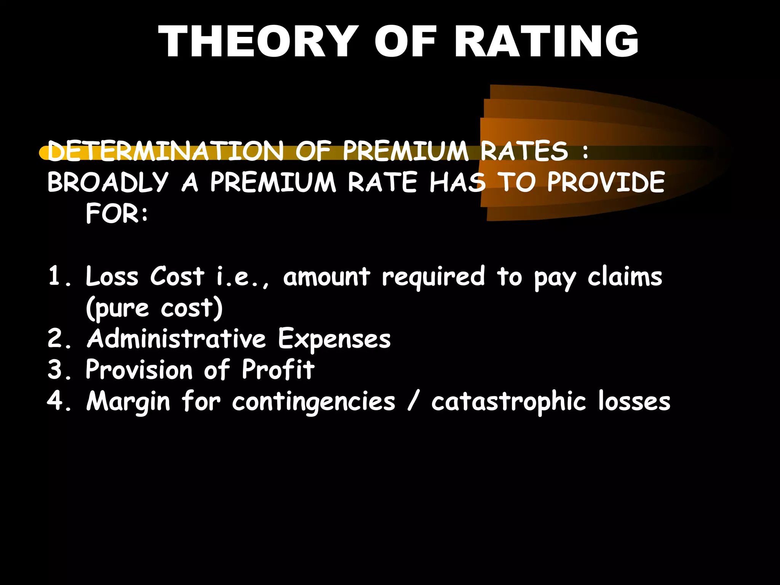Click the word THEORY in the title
(258, 41)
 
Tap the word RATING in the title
(546, 41)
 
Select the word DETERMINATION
(166, 151)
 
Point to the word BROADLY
(108, 182)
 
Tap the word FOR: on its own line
(117, 213)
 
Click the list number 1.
(56, 276)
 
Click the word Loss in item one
(112, 276)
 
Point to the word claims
(625, 276)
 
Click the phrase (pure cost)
(154, 308)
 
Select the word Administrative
(176, 338)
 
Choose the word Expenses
(334, 339)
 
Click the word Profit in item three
(278, 369)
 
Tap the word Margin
(128, 401)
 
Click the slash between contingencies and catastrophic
(413, 401)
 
